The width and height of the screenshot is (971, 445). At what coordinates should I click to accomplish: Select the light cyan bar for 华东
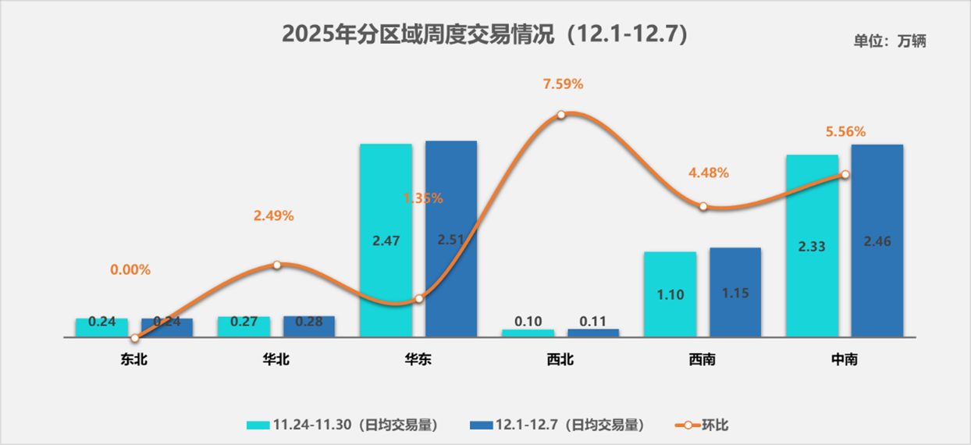(386, 240)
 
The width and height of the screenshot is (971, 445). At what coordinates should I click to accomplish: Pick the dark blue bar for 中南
(877, 240)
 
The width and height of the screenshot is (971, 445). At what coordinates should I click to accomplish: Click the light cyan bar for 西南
(670, 294)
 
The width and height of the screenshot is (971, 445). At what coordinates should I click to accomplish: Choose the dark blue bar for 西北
(593, 333)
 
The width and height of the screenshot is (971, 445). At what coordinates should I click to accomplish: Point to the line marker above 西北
(561, 115)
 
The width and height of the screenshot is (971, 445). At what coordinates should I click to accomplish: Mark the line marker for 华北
(276, 265)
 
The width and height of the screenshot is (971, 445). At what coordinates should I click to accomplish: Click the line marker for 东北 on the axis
(135, 338)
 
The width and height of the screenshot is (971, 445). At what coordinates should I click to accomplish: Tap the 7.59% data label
(563, 84)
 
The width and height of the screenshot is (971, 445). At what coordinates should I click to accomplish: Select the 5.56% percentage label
(846, 132)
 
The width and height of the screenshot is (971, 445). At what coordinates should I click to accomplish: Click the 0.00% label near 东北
(130, 270)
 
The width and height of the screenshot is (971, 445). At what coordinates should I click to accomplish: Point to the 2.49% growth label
(274, 216)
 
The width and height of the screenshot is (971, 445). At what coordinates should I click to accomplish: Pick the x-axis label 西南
(702, 360)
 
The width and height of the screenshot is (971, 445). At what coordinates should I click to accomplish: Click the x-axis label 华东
(418, 360)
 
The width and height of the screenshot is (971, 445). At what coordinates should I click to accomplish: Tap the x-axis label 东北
(134, 360)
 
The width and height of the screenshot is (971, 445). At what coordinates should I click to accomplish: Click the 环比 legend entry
(702, 425)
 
